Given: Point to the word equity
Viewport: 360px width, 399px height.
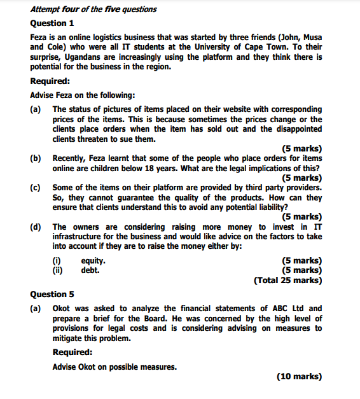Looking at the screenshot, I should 93,260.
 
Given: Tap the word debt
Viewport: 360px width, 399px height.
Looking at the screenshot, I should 90,270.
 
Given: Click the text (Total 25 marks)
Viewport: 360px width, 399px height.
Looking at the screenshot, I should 287,280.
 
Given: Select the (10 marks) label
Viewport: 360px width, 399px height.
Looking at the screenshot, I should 300,376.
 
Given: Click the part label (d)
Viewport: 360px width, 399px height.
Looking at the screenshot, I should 36,227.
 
